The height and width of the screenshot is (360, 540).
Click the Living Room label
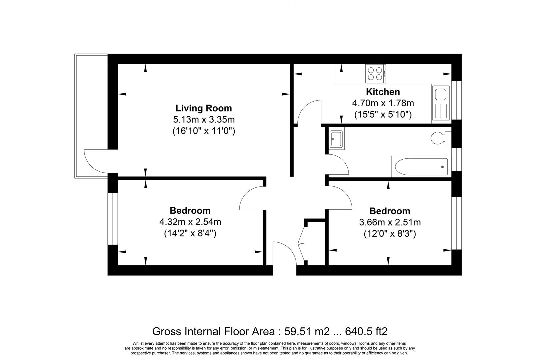[204, 108]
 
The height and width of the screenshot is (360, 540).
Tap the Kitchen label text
[383, 92]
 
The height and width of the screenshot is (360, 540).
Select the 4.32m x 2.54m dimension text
[190, 222]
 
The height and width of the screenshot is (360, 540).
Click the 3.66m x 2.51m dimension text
[390, 222]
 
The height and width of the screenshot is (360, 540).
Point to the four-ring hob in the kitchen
[375, 74]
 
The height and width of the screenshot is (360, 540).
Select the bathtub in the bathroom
[421, 166]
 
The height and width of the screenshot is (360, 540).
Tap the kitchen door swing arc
[308, 112]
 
